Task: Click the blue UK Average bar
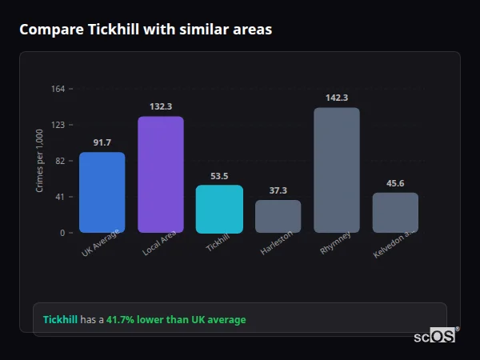tap(102, 192)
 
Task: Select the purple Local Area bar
tap(161, 174)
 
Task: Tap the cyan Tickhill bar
tap(219, 209)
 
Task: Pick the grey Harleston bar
tap(278, 216)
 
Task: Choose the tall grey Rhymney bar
tap(337, 170)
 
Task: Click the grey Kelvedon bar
tap(395, 212)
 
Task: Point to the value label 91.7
tap(102, 142)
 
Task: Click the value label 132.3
tap(161, 106)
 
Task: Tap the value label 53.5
tap(219, 176)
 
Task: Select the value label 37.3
tap(278, 190)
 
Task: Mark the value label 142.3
tap(337, 98)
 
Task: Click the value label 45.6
tap(395, 183)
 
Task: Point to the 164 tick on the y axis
tap(58, 89)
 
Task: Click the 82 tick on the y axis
tap(60, 161)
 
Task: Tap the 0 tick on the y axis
tap(62, 233)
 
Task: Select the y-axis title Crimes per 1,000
tap(39, 161)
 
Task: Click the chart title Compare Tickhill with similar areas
tap(146, 30)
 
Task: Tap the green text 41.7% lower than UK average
tap(176, 319)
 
